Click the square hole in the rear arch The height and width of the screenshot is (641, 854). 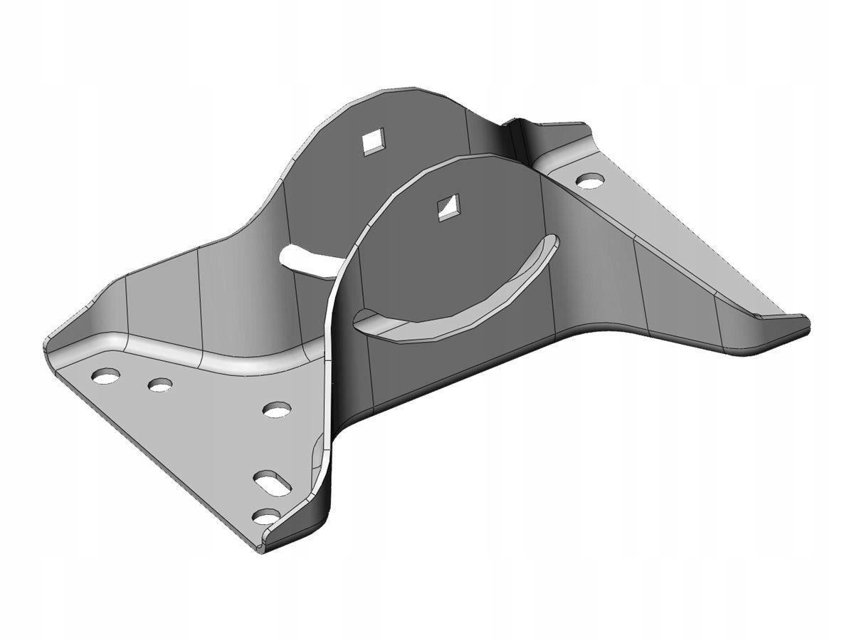coord(372,142)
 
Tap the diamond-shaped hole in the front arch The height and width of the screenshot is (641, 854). coord(448,207)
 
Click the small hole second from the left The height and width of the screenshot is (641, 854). coord(161,385)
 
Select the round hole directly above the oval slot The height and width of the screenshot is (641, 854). coord(276,410)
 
